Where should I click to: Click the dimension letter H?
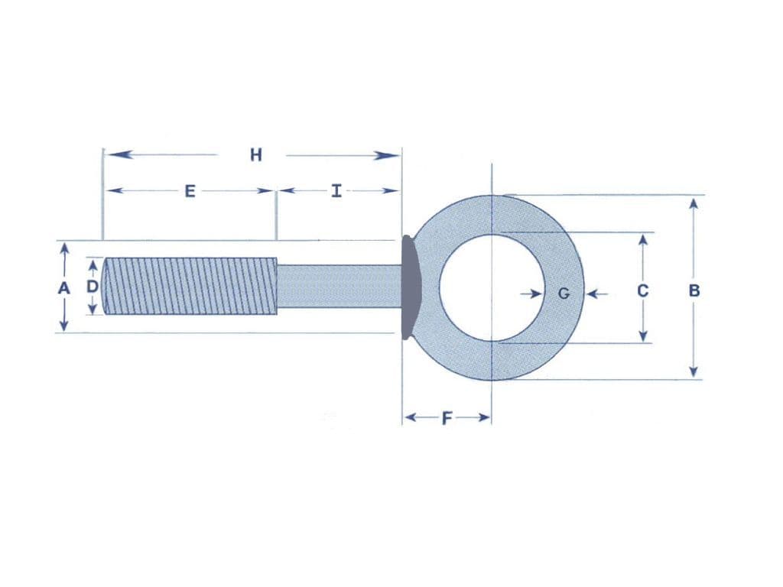[256, 155]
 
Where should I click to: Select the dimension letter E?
[190, 191]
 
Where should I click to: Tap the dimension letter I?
[336, 191]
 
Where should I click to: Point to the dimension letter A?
[64, 289]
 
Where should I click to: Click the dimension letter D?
[93, 287]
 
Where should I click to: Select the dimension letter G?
[564, 292]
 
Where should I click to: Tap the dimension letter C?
[643, 290]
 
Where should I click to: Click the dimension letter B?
[694, 290]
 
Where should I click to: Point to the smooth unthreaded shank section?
[336, 286]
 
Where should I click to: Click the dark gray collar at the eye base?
[410, 286]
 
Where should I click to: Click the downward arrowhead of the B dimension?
[694, 371]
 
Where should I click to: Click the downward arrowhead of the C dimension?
[643, 336]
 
